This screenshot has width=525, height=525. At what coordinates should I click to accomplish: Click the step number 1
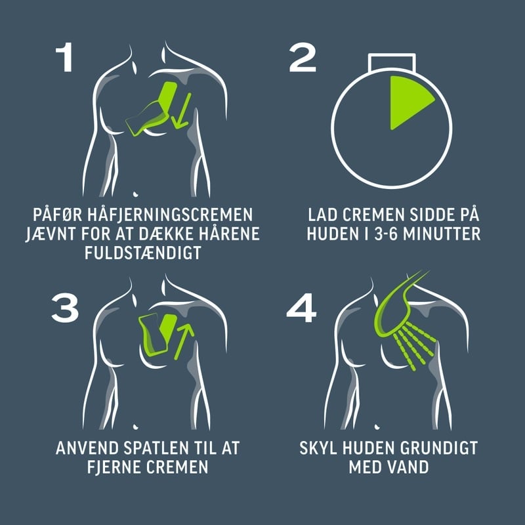(x=65, y=57)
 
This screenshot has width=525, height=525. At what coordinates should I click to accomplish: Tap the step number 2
(x=303, y=57)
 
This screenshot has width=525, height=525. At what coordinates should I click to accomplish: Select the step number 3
(x=65, y=308)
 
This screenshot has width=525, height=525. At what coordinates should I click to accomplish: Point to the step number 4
(x=301, y=308)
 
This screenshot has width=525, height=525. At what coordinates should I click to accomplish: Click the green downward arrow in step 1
(x=182, y=110)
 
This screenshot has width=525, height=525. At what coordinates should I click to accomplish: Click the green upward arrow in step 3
(x=184, y=341)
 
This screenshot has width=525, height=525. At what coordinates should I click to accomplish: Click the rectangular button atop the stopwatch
(x=392, y=62)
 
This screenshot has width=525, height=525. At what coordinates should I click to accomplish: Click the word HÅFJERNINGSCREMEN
(x=170, y=215)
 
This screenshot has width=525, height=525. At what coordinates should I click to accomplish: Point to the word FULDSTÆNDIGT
(x=143, y=253)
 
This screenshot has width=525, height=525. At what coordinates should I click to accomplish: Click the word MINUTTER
(x=442, y=234)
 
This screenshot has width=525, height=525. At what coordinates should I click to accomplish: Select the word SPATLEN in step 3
(x=156, y=448)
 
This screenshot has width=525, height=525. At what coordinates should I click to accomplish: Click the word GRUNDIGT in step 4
(x=438, y=448)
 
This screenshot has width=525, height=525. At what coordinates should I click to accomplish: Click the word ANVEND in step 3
(x=87, y=448)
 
